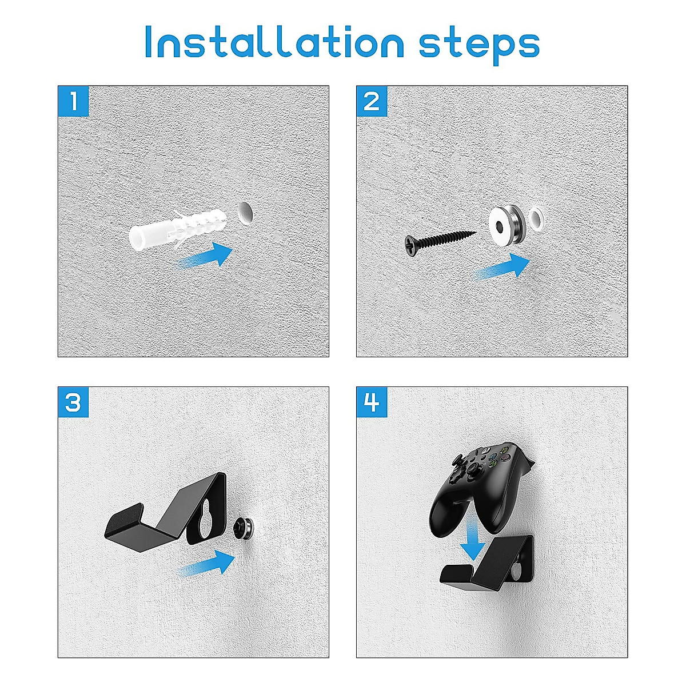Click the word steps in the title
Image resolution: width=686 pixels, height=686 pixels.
[479, 47]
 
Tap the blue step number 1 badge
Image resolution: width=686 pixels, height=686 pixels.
[73, 101]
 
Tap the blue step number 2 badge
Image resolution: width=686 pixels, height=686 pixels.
[372, 101]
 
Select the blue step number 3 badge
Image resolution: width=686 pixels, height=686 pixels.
[73, 402]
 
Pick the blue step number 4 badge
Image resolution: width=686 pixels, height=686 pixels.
[372, 402]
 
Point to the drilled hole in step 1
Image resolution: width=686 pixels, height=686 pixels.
[244, 213]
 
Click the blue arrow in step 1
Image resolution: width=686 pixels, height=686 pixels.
[205, 255]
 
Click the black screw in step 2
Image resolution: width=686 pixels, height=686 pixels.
[440, 242]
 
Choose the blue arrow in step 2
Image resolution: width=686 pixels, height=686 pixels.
[502, 266]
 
